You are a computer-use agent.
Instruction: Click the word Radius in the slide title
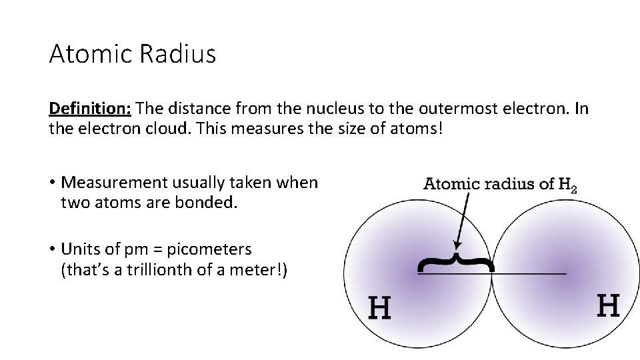click(178, 54)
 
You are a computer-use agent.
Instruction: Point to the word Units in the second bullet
click(78, 249)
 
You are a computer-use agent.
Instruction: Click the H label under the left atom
click(380, 308)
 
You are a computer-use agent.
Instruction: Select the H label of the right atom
click(607, 306)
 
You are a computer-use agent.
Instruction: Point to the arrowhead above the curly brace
click(457, 244)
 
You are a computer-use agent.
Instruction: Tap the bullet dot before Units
click(51, 250)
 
